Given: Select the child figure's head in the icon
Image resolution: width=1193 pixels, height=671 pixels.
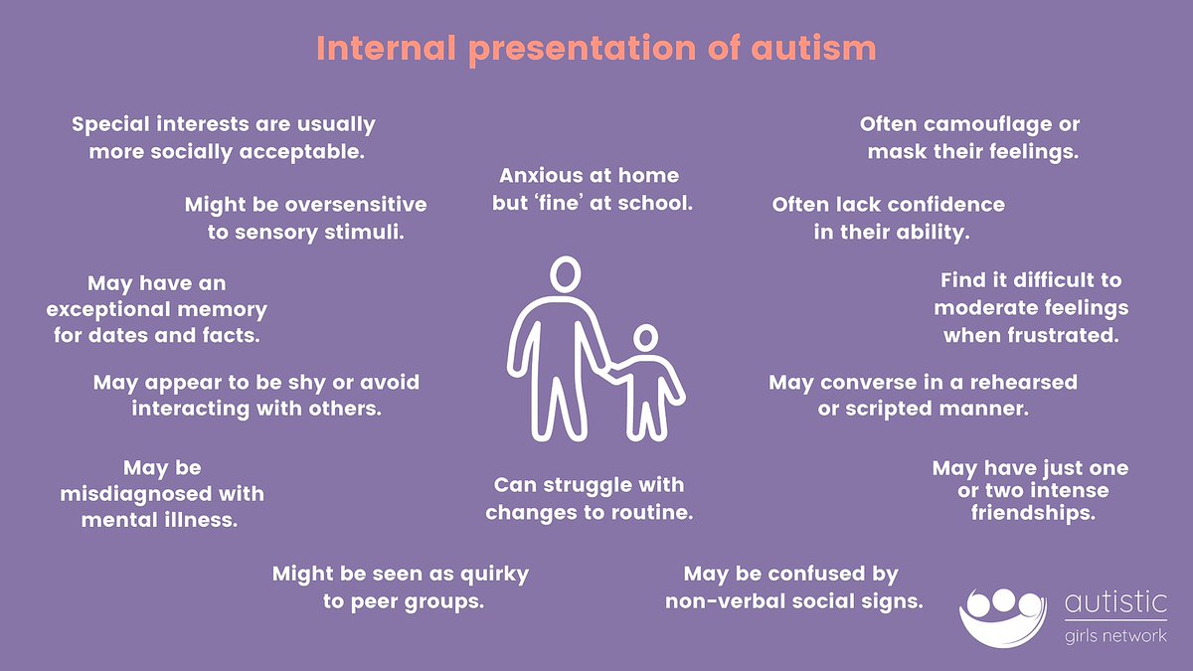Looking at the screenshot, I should click(x=645, y=340).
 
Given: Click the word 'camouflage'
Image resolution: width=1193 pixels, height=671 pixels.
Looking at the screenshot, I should click(x=983, y=125).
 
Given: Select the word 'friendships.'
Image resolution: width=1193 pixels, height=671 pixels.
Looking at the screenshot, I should click(x=1033, y=514).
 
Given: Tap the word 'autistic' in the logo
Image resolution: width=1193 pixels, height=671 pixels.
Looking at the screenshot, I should click(x=1114, y=603).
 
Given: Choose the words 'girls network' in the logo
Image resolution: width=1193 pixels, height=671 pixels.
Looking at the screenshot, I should click(x=1115, y=636).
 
